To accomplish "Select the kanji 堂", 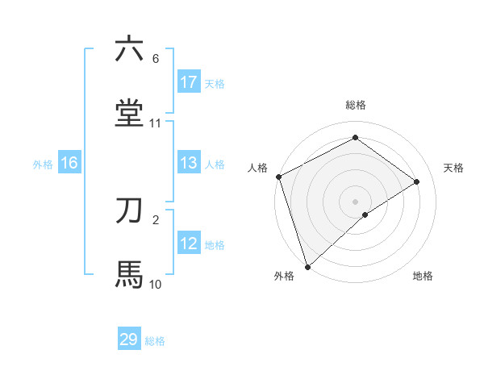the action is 129,113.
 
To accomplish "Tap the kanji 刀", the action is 129,210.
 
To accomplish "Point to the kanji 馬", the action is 129,274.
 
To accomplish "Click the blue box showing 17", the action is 189,82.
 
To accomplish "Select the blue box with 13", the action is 189,163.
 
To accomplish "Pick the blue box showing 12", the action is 189,244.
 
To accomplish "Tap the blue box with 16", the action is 69,163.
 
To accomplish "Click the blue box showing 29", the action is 129,339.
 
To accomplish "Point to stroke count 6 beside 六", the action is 156,59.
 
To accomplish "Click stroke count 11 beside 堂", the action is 156,123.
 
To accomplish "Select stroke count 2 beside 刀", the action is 156,220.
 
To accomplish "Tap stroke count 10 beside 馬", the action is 156,284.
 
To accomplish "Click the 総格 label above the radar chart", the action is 355,105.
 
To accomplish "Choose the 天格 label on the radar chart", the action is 453,168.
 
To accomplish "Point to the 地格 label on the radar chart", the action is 423,276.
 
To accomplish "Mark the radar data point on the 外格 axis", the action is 307,266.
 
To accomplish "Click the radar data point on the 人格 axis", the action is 278,177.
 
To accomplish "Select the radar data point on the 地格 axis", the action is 365,214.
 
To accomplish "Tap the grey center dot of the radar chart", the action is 355,201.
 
